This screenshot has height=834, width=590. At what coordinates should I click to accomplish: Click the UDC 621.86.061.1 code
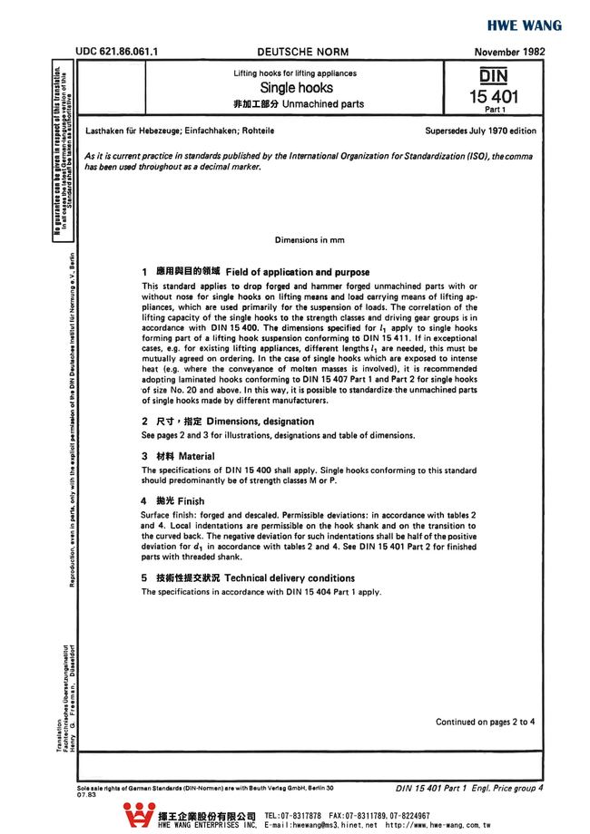pyautogui.click(x=118, y=53)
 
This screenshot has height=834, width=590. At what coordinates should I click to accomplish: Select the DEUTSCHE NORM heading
pyautogui.click(x=302, y=53)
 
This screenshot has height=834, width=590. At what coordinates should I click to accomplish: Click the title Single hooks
pyautogui.click(x=296, y=88)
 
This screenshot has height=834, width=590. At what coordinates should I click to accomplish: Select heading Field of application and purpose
pyautogui.click(x=297, y=272)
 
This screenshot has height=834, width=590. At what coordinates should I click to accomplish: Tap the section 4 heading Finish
pyautogui.click(x=191, y=501)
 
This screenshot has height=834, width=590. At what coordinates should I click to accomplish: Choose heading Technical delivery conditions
pyautogui.click(x=281, y=578)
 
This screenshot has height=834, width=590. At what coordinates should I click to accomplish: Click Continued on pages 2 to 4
pyautogui.click(x=485, y=722)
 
